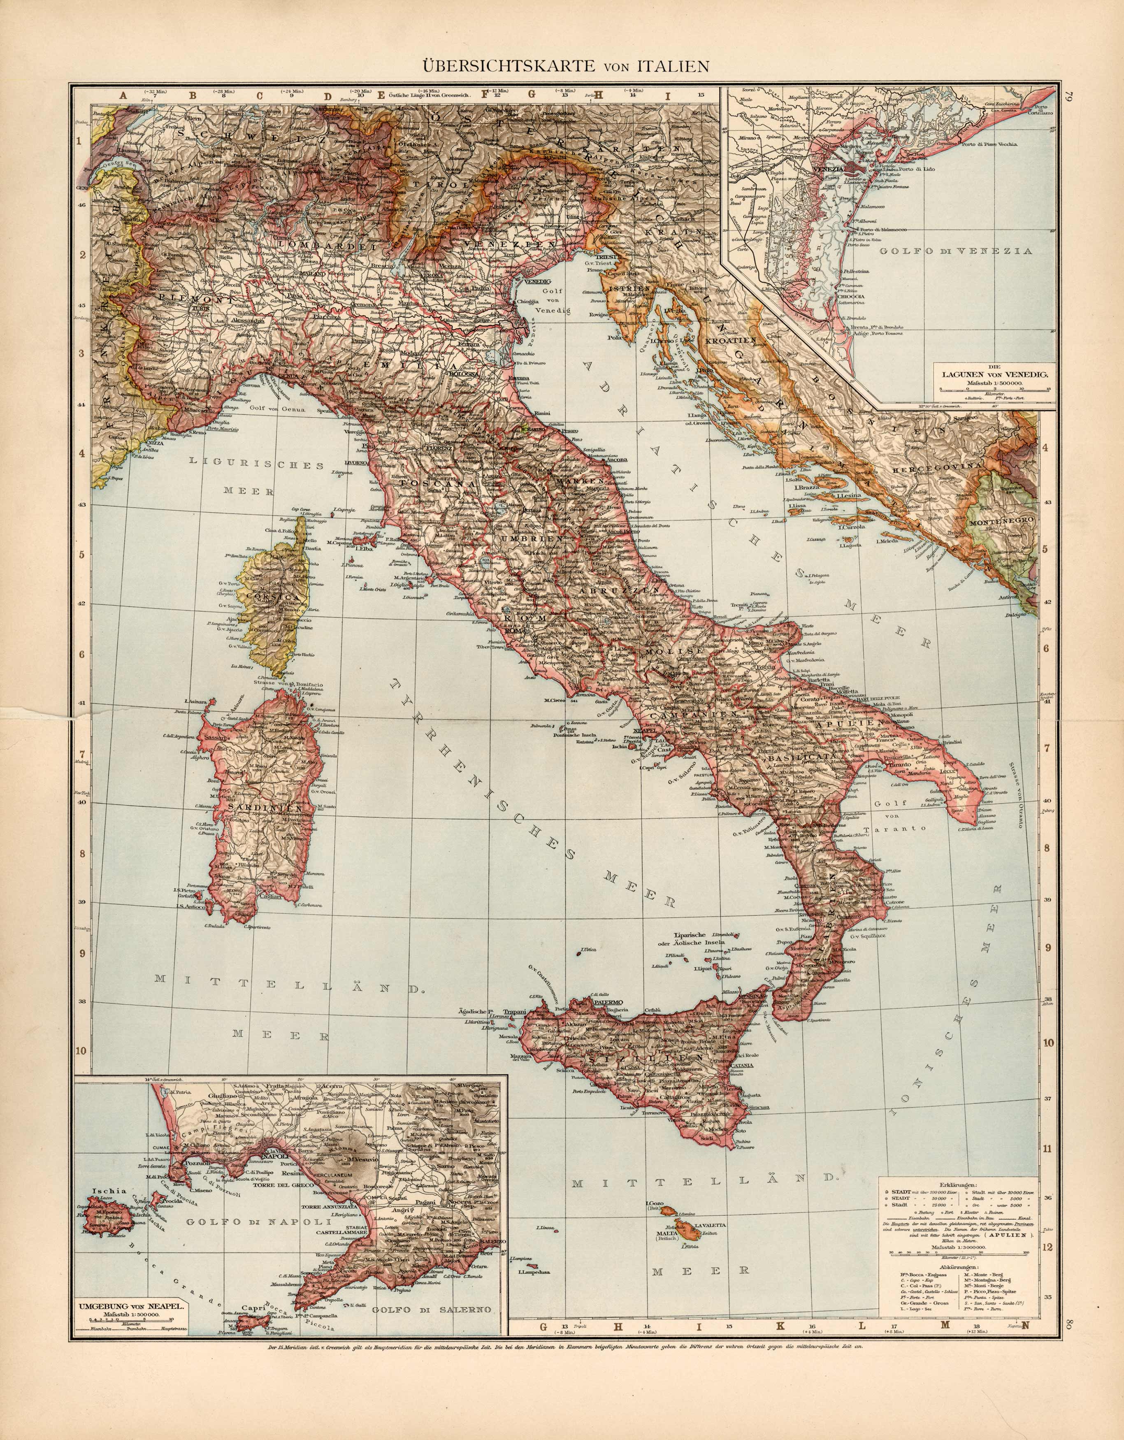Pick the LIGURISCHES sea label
257,464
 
